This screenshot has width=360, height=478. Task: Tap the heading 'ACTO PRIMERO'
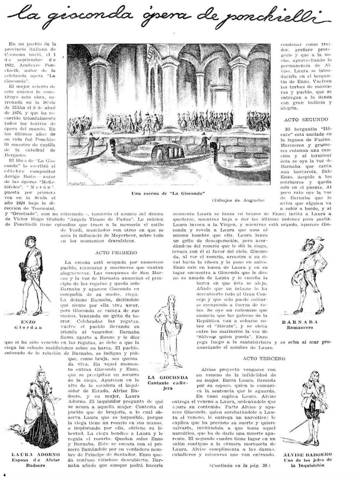[116, 253]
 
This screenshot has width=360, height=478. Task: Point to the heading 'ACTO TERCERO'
[264, 358]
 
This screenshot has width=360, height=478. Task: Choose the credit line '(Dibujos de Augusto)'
[238, 200]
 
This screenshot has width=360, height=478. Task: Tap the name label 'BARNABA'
[299, 322]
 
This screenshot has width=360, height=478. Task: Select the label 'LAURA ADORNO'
[36, 454]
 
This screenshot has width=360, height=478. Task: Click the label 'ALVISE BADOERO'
[308, 454]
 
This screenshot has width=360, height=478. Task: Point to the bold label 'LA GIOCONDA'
[168, 378]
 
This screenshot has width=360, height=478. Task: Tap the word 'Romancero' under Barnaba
[300, 327]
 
